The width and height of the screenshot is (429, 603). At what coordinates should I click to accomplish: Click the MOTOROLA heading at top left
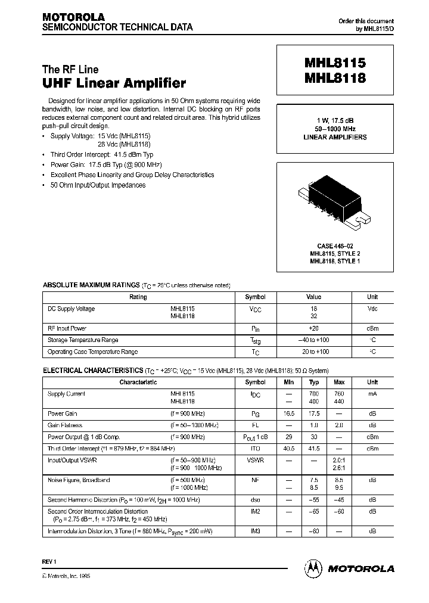click(x=73, y=17)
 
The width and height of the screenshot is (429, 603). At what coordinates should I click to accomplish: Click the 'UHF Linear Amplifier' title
click(x=114, y=83)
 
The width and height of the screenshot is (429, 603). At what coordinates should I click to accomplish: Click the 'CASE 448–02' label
click(x=338, y=246)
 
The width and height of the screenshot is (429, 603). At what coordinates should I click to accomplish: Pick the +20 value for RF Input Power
click(x=314, y=328)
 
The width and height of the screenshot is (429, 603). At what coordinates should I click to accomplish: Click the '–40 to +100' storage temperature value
click(x=314, y=340)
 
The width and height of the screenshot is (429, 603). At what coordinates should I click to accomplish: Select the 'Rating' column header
click(x=138, y=297)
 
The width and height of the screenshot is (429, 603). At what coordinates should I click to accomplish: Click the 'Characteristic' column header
click(x=138, y=382)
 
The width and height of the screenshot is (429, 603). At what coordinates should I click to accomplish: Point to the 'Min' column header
click(x=290, y=382)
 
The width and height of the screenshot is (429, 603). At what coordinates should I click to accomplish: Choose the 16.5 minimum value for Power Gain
click(x=290, y=414)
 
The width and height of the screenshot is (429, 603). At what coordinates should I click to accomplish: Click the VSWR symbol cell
click(x=256, y=461)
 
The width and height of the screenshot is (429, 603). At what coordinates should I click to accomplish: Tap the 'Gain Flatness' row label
click(x=65, y=425)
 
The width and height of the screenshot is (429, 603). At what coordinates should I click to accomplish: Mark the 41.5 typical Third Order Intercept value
click(x=314, y=448)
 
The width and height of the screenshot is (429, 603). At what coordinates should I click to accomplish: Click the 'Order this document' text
click(x=366, y=21)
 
